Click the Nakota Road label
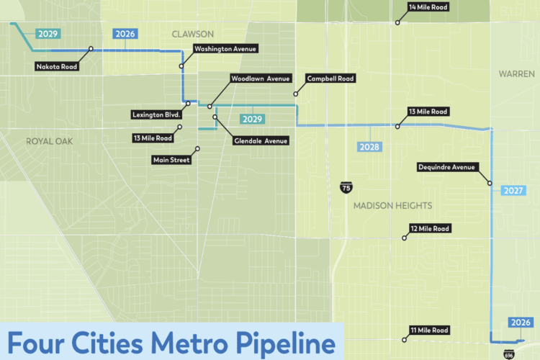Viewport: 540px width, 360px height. click(x=58, y=67)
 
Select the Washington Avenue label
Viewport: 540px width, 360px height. click(x=225, y=49)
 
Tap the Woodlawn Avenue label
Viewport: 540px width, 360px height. click(x=260, y=78)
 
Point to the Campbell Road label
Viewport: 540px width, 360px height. click(x=330, y=78)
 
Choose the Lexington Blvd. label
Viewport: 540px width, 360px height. click(x=156, y=114)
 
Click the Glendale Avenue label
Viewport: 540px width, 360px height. click(x=260, y=140)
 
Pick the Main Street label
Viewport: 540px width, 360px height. click(x=171, y=160)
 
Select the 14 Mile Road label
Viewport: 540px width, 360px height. click(x=428, y=7)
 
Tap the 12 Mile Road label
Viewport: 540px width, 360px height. click(x=429, y=228)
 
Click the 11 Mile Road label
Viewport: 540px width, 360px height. click(x=428, y=330)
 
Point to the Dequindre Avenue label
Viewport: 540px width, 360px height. click(x=447, y=167)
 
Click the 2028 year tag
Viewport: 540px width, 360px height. click(x=369, y=147)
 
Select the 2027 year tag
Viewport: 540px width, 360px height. click(x=513, y=191)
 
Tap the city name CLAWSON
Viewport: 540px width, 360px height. click(x=193, y=34)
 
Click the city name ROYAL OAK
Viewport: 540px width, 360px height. click(x=50, y=141)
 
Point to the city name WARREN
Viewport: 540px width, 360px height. click(x=516, y=74)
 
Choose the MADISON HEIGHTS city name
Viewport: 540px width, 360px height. click(x=392, y=206)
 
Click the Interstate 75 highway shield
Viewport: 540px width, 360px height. click(x=346, y=188)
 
